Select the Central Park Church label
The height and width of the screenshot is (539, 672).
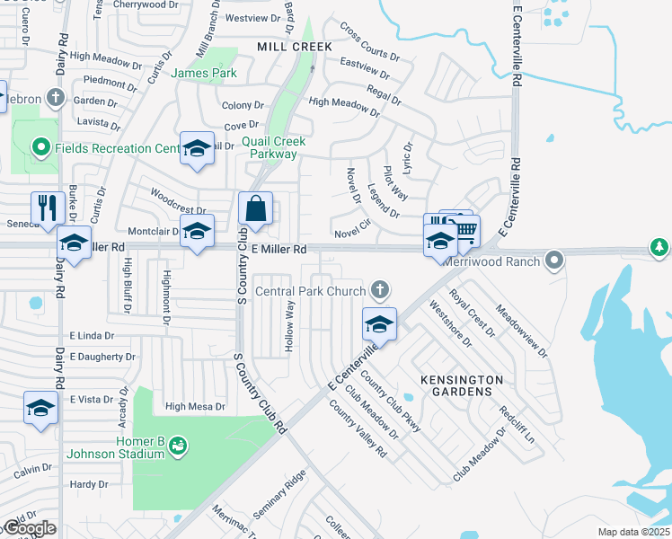click(x=311, y=290)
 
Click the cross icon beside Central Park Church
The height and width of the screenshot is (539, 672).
click(x=380, y=289)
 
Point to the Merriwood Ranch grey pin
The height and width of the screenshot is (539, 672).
click(x=554, y=261)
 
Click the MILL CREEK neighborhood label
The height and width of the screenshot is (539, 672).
click(x=295, y=46)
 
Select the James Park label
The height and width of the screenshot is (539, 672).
click(x=203, y=74)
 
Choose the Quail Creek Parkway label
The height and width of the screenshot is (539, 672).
click(x=274, y=147)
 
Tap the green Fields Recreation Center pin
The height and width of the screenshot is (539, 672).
click(x=40, y=147)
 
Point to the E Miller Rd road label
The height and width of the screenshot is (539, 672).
click(x=279, y=249)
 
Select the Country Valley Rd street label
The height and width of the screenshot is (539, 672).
click(x=358, y=429)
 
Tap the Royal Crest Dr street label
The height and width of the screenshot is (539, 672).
click(x=473, y=312)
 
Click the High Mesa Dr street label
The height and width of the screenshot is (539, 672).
click(x=194, y=407)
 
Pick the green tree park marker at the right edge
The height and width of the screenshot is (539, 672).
click(x=660, y=246)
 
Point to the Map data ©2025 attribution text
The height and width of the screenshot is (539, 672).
click(x=634, y=532)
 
